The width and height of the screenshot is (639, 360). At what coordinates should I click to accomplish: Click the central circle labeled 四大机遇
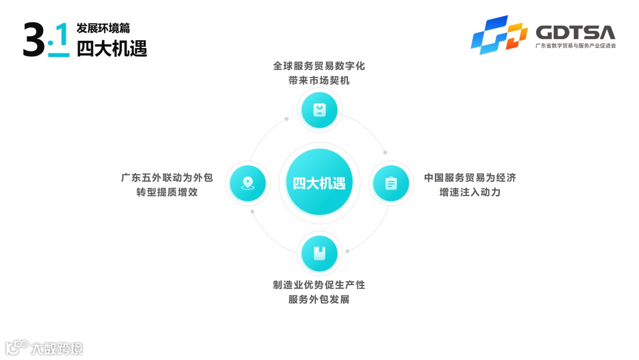pyautogui.click(x=319, y=182)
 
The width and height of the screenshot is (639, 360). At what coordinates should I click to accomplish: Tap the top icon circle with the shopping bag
pyautogui.click(x=319, y=110)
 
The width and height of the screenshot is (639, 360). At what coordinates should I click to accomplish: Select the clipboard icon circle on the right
pyautogui.click(x=391, y=183)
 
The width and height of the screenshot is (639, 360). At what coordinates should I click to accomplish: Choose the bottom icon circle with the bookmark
pyautogui.click(x=319, y=253)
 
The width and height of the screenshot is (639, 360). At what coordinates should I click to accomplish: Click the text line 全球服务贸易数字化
pyautogui.click(x=319, y=66)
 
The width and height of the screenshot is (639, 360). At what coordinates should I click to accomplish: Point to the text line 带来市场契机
pyautogui.click(x=319, y=81)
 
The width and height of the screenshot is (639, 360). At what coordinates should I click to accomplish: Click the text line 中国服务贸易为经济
pyautogui.click(x=470, y=178)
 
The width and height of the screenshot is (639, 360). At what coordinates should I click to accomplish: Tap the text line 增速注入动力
pyautogui.click(x=470, y=192)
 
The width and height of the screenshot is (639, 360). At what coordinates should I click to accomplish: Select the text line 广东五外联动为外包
pyautogui.click(x=167, y=178)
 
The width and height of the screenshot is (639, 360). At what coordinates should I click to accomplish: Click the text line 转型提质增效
pyautogui.click(x=167, y=192)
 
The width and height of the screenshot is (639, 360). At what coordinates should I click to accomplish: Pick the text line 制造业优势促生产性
pyautogui.click(x=319, y=285)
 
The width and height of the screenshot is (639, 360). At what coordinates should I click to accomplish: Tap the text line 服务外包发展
pyautogui.click(x=319, y=300)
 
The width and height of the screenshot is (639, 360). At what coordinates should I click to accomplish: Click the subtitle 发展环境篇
pyautogui.click(x=103, y=28)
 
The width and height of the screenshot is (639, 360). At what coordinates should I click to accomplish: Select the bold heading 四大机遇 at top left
pyautogui.click(x=112, y=47)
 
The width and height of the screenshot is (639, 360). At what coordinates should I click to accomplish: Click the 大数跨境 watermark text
pyautogui.click(x=57, y=348)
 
